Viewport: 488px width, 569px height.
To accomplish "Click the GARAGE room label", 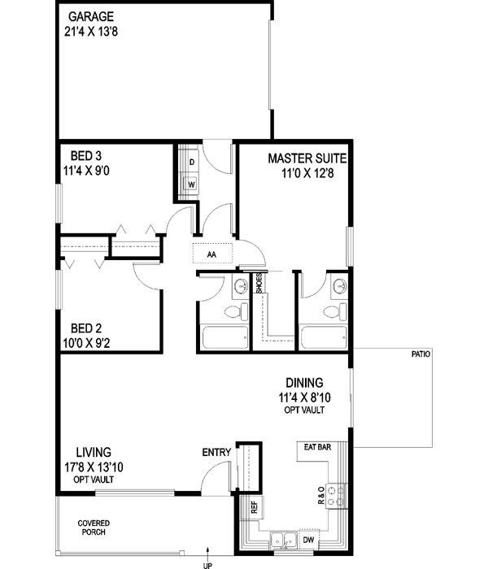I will click(90, 16).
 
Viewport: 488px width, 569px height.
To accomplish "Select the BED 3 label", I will click(86, 155).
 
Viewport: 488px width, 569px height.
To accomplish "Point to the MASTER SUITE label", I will click(309, 159).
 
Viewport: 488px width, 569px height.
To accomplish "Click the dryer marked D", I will click(191, 162).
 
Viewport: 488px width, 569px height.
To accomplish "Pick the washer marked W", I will click(191, 184).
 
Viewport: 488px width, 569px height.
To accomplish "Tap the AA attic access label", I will click(211, 254).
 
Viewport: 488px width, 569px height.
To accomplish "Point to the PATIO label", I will click(420, 355).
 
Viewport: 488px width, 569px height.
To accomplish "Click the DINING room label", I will click(304, 383).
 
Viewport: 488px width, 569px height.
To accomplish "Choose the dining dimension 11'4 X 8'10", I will click(305, 398).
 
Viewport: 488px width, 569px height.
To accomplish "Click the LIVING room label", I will click(94, 452).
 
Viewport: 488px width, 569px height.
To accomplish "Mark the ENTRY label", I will click(216, 453).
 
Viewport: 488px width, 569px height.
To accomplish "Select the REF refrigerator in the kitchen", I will click(255, 506).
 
